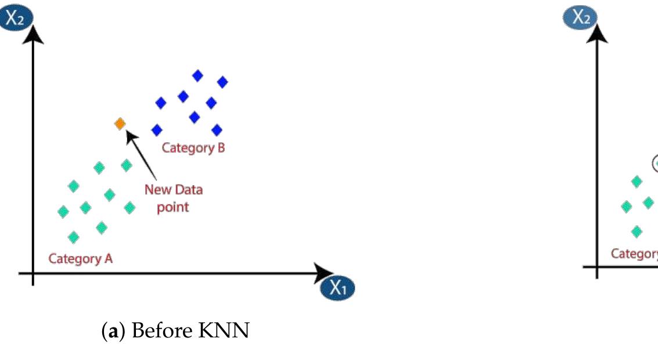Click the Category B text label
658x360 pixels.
(193, 147)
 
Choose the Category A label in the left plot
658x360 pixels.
(80, 258)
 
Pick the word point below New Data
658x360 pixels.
(173, 207)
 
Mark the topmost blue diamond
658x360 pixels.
(198, 75)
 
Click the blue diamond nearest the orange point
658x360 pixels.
(156, 129)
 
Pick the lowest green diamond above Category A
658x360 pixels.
(73, 237)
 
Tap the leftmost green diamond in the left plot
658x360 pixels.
(63, 212)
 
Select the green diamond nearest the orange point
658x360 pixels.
(127, 165)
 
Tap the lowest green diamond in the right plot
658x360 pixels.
(637, 232)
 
